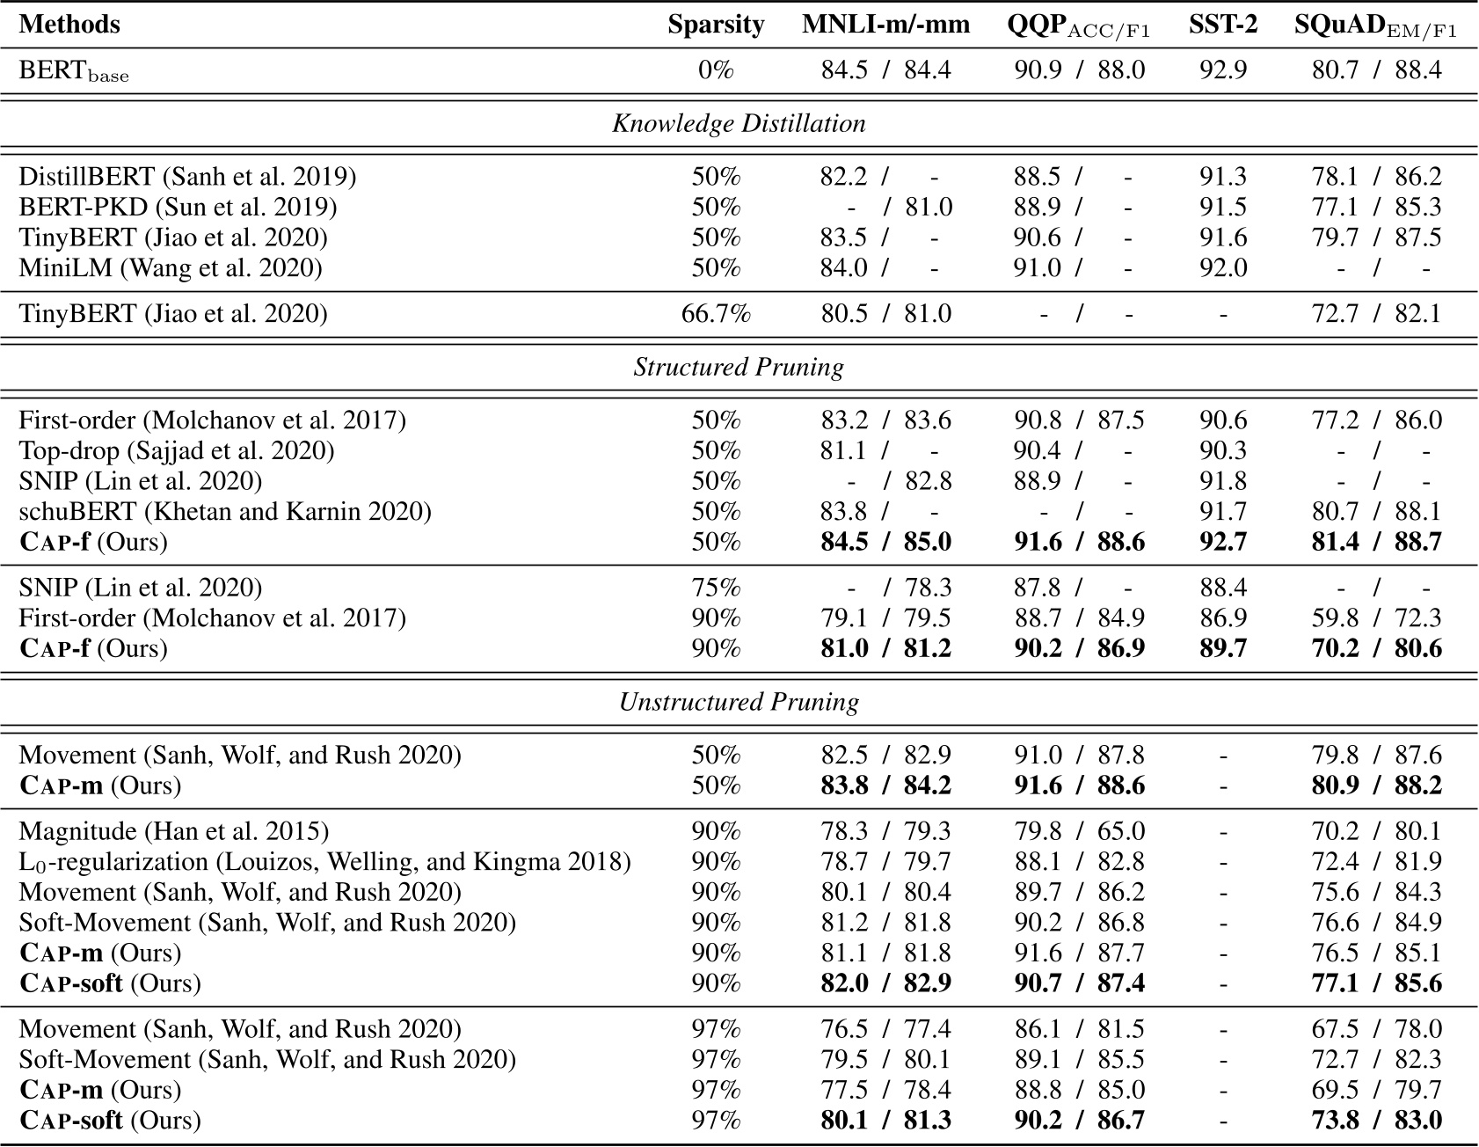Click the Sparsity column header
point(715,25)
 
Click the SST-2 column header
point(1222,25)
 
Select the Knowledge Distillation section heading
point(739,123)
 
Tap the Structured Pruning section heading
point(739,367)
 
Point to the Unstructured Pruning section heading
point(739,702)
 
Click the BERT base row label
point(74,70)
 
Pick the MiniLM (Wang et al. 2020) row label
point(171,267)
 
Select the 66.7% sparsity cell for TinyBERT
point(715,314)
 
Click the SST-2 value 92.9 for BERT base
point(1222,70)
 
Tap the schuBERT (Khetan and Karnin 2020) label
point(225,511)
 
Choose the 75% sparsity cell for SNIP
point(715,588)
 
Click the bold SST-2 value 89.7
point(1222,648)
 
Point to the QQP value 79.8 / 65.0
point(1079,831)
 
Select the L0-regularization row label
point(324,861)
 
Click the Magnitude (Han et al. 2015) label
point(173,831)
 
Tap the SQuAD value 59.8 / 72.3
point(1376,618)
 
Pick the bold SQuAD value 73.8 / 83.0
point(1376,1120)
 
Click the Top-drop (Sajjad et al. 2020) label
point(176,450)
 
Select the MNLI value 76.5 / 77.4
point(885,1029)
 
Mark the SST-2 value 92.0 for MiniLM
point(1222,267)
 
